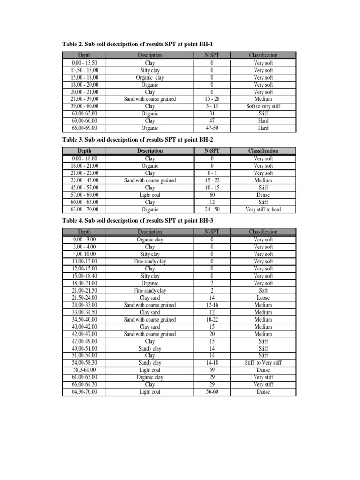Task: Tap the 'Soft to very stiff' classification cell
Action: [263, 106]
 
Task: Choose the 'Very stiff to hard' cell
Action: [263, 210]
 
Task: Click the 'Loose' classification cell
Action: [263, 298]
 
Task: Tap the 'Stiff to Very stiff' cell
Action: [263, 363]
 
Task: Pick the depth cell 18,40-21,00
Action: [84, 283]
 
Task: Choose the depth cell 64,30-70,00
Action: [84, 392]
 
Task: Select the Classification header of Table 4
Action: [263, 232]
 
